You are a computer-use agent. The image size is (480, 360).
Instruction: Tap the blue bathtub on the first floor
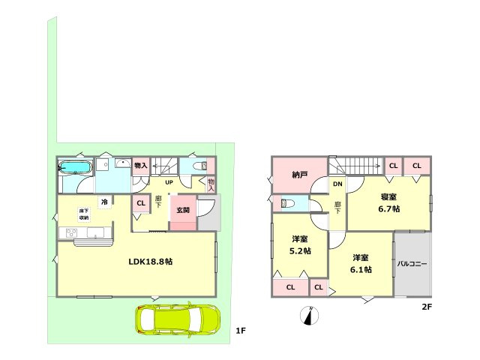75,168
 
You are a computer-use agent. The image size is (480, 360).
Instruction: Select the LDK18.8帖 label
151,262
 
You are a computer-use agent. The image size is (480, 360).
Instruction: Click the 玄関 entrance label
183,210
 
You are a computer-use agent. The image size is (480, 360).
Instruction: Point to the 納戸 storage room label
300,175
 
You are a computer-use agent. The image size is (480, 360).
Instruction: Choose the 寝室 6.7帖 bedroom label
388,203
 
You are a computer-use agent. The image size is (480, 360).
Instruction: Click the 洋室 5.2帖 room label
300,245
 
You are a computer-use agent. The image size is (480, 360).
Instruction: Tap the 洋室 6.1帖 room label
361,264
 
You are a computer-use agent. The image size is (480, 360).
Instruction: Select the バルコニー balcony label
412,263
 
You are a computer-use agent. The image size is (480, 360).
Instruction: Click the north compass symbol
309,315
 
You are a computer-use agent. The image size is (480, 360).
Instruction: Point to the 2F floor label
427,307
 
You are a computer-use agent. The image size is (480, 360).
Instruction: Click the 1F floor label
241,331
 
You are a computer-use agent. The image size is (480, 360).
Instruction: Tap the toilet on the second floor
288,203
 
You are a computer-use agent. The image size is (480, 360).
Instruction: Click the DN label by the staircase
337,184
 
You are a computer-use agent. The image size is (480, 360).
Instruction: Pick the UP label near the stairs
169,182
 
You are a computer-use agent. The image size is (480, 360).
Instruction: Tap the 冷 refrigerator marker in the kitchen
105,202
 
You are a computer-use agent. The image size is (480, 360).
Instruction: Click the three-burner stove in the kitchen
72,233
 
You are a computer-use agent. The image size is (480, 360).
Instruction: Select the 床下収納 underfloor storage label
83,214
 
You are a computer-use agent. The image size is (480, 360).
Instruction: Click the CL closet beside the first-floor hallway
141,203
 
